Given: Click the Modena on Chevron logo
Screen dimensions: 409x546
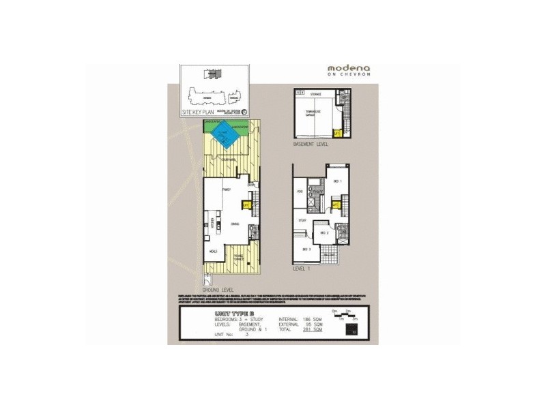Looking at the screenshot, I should (x=349, y=70).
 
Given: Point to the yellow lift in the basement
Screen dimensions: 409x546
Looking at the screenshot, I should (x=335, y=133).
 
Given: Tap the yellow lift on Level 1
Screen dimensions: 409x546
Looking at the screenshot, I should (x=336, y=203).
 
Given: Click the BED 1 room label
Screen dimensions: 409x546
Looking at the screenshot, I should (x=336, y=181).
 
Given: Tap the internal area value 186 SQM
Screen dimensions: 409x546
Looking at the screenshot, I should (x=313, y=318).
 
